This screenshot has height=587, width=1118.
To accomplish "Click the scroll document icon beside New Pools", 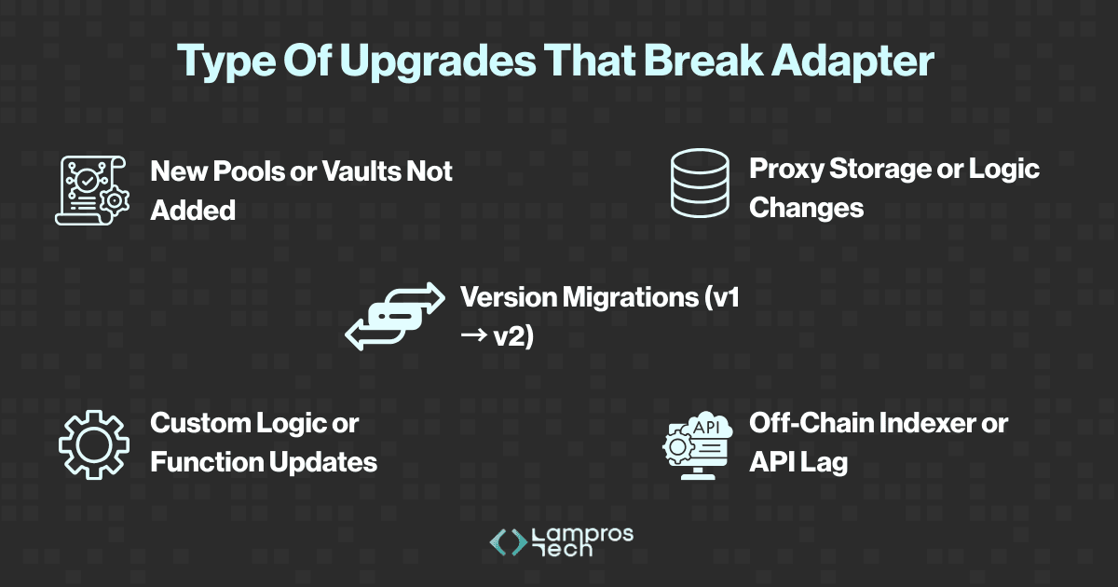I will (x=89, y=189).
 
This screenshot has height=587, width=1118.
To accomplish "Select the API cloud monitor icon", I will (x=699, y=444).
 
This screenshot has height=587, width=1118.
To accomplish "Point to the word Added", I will (x=193, y=210).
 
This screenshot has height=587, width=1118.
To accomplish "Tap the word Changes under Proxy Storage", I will (x=806, y=207).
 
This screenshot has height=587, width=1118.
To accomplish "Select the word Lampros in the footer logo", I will (x=581, y=534).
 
